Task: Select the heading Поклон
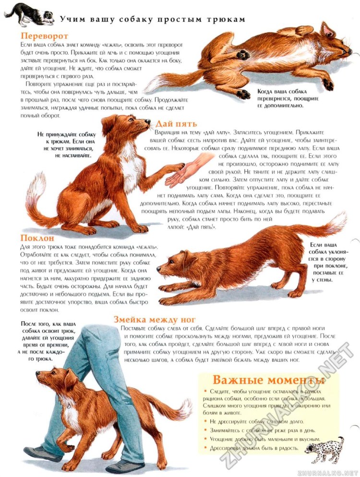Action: (37, 238)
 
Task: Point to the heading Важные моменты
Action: (268, 379)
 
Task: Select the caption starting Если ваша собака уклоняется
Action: (329, 262)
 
